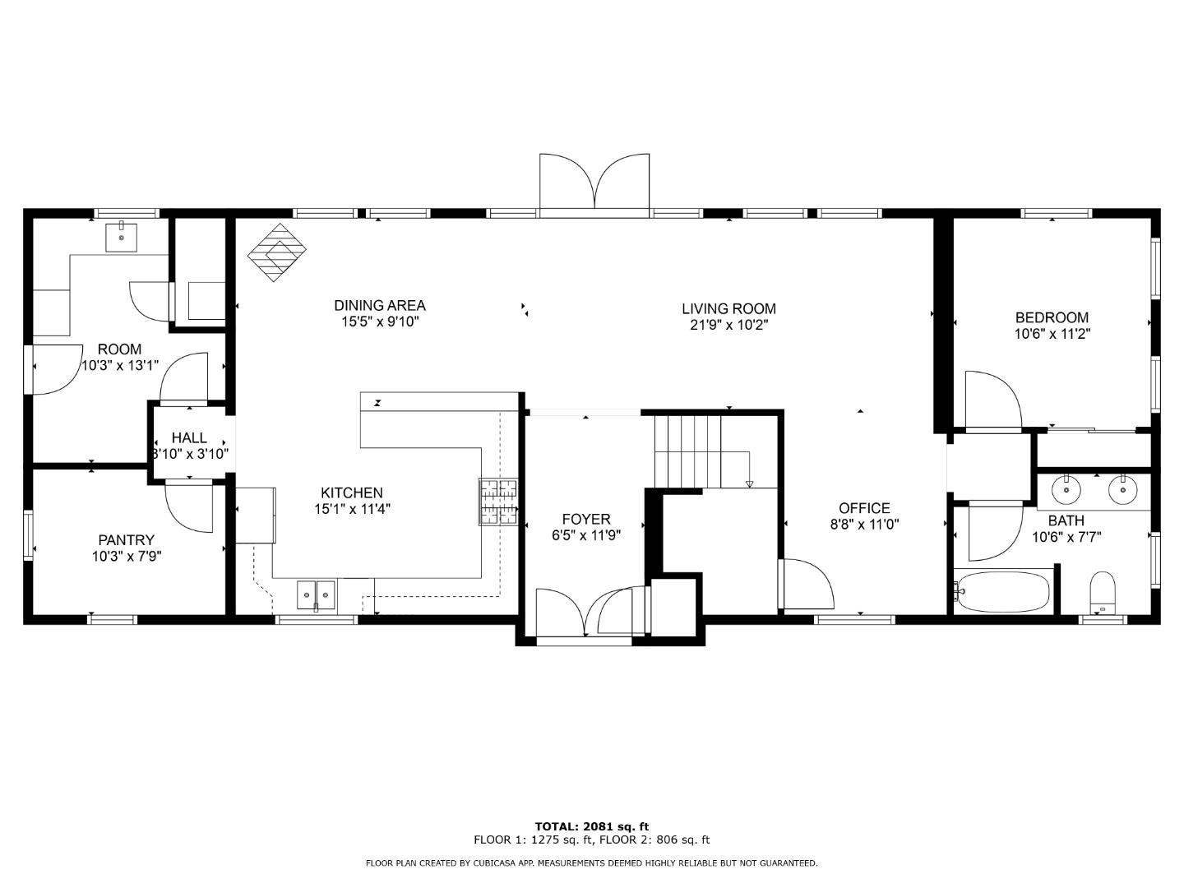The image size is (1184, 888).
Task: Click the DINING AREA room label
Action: [379, 306]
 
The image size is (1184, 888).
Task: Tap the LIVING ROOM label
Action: [728, 309]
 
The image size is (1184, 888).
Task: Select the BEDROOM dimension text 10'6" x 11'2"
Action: [1052, 335]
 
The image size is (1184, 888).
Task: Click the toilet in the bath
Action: [1102, 594]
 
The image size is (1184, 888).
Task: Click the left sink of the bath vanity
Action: [1067, 490]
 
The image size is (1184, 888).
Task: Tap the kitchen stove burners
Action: [498, 502]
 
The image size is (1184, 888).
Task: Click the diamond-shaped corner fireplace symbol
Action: [277, 252]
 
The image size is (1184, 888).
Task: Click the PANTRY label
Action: [126, 540]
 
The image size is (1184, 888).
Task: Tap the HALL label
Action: [189, 438]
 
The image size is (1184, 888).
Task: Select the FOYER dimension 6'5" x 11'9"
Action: [585, 534]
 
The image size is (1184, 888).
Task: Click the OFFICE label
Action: [864, 508]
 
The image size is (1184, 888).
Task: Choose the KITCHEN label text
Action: [351, 493]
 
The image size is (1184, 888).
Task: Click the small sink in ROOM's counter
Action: [122, 237]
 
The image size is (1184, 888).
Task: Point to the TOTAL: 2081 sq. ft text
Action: [591, 826]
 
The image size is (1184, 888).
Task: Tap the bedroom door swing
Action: [992, 400]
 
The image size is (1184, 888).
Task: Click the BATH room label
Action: [1066, 520]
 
